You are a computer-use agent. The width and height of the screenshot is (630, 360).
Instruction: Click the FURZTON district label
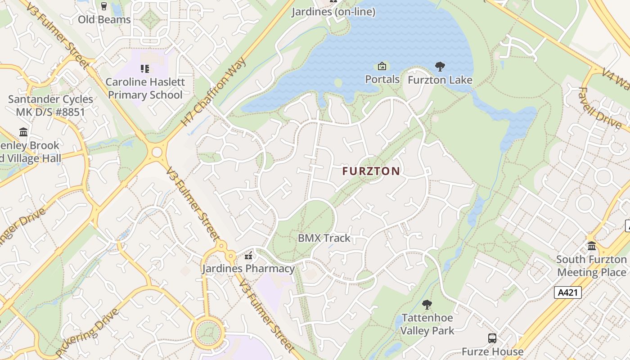[x=371, y=171]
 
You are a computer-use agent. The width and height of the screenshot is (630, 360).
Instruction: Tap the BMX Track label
[x=324, y=238]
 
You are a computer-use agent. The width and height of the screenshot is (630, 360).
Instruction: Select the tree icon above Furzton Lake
[x=440, y=67]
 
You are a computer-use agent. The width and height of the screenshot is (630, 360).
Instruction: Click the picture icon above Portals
[x=382, y=67]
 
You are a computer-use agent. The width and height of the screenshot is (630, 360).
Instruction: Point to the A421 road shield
[x=567, y=292]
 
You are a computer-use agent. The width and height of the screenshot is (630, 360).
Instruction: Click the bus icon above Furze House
[x=492, y=338]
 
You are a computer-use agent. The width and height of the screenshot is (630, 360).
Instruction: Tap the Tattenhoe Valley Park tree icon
[x=427, y=305]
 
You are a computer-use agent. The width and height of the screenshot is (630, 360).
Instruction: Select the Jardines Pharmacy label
[x=248, y=269]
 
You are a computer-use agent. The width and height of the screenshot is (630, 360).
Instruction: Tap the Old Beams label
[x=104, y=19]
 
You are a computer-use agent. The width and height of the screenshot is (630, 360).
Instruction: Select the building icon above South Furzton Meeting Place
[x=591, y=246]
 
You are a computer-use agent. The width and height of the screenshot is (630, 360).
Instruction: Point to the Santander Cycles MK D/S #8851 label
[x=50, y=105]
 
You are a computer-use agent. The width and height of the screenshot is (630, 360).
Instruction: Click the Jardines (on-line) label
[x=333, y=12]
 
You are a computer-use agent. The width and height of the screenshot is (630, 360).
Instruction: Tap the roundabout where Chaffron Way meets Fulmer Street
[x=157, y=152]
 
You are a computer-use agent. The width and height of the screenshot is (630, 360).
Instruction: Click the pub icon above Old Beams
[x=104, y=6]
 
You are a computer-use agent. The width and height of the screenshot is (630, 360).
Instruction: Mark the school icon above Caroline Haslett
[x=145, y=69]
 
